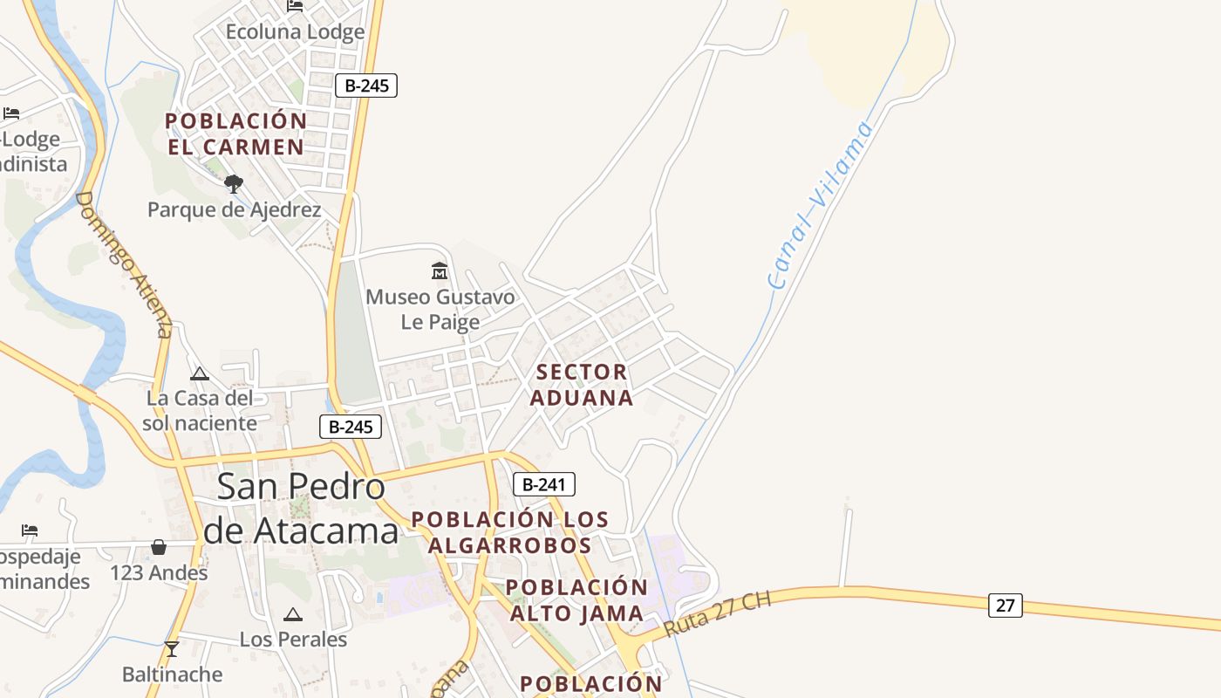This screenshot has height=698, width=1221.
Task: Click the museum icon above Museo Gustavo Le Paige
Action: click(440, 270)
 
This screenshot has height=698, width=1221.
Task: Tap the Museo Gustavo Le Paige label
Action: click(440, 310)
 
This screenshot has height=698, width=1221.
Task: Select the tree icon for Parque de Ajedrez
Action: click(233, 184)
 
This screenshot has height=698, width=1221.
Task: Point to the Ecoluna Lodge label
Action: click(295, 32)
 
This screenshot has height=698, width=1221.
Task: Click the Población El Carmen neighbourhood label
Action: click(235, 133)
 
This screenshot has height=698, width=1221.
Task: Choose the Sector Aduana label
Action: click(582, 385)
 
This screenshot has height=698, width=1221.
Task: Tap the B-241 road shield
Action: click(543, 484)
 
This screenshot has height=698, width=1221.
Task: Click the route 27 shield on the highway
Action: click(1005, 605)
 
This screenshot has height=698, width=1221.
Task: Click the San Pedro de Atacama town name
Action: click(300, 508)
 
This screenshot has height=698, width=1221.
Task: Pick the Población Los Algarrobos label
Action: click(509, 532)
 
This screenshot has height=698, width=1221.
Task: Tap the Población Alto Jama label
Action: click(576, 599)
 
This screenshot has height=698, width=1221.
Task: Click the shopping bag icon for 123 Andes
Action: click(159, 547)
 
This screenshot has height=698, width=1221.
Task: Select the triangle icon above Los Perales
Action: click(293, 615)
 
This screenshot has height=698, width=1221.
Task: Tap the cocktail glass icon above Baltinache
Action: click(172, 649)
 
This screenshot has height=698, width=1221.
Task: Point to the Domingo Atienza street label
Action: click(125, 263)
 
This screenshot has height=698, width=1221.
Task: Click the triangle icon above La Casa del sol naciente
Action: click(200, 374)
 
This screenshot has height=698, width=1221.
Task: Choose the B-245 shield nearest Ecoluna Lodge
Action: click(366, 86)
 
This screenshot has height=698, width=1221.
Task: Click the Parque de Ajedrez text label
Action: click(234, 210)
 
